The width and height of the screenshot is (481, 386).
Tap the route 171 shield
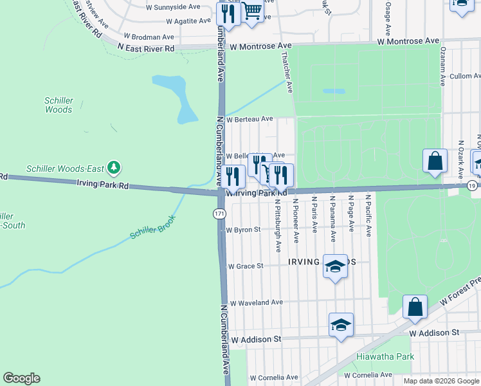coord(220,213)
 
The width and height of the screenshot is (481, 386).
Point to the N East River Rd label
coord(146,48)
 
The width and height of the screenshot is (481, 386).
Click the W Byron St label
coord(242,230)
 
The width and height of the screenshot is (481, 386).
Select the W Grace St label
coord(246,266)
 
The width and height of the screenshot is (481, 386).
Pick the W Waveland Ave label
coord(256,302)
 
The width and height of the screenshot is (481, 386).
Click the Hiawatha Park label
coord(385,356)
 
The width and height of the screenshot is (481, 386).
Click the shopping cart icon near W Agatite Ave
coord(252,12)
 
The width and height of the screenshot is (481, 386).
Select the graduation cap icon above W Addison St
coord(341,325)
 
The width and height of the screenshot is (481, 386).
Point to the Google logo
coord(21,378)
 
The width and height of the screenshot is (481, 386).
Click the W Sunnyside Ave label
coord(174,7)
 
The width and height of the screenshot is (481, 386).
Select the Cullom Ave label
coord(460,76)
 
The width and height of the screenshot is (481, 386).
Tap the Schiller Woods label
coord(59,105)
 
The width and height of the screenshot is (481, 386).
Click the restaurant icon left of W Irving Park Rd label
coord(232,176)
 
